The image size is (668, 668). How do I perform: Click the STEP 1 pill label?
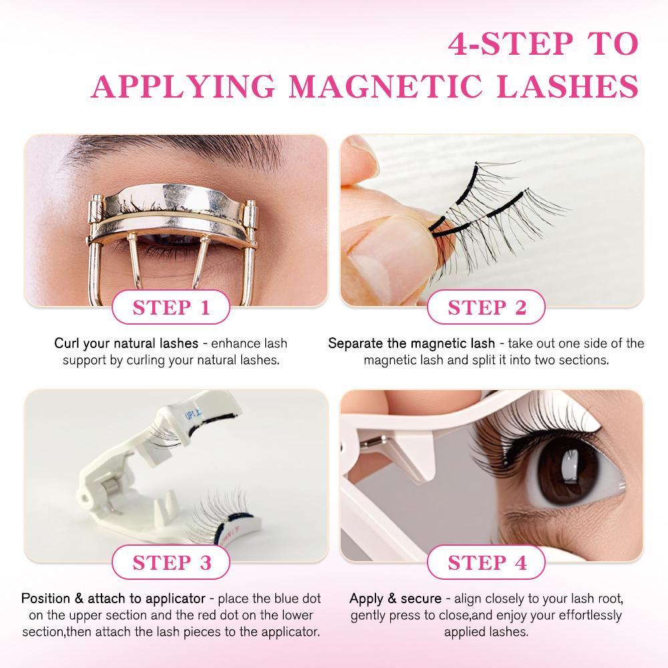click(172, 308)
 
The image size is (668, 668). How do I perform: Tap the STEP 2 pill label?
click(487, 308)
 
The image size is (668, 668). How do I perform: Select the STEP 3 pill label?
click(172, 562)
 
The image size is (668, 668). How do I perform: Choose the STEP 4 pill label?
click(487, 562)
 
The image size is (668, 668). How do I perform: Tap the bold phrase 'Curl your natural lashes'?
click(126, 344)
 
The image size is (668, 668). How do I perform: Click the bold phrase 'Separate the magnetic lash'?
click(411, 344)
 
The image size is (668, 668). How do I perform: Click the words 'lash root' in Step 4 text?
click(592, 598)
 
